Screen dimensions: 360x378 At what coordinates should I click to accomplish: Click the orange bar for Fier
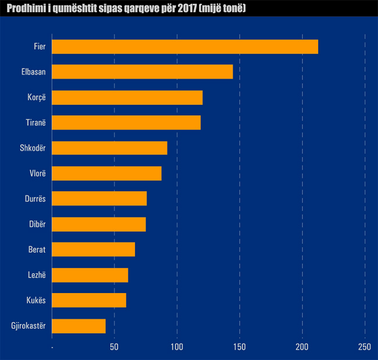(185, 47)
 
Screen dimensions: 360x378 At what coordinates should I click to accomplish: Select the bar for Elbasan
(142, 72)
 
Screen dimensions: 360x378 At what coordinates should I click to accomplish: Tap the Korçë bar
(127, 97)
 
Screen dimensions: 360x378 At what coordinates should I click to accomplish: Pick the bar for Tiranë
(126, 123)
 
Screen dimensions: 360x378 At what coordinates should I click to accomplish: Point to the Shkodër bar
(109, 148)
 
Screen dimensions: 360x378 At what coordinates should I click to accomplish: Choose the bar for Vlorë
(106, 173)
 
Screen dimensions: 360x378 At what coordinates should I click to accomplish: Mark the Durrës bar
(99, 198)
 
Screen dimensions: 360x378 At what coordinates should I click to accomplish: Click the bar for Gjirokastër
(79, 326)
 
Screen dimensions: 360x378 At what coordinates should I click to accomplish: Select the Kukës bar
(89, 300)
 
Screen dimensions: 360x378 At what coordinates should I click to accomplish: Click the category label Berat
(37, 249)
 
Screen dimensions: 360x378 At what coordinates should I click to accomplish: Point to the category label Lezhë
(37, 275)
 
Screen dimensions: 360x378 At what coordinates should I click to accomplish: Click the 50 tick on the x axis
(115, 347)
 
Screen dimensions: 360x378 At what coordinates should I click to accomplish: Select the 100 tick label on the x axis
(177, 347)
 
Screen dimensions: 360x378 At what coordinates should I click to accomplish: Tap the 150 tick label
(240, 347)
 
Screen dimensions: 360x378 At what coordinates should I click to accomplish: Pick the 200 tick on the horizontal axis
(302, 347)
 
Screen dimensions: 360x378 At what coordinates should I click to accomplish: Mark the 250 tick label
(365, 347)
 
